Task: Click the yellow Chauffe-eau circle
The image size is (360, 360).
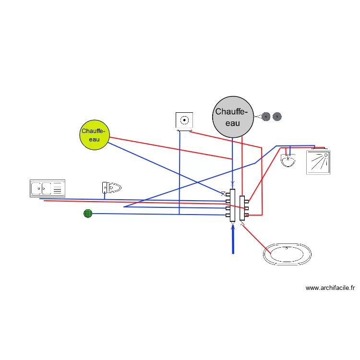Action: pos(95,135)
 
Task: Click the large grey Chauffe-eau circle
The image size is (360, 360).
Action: pos(233,117)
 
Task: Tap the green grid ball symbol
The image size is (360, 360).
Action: pos(87,213)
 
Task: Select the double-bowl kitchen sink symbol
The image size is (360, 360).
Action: pos(47,188)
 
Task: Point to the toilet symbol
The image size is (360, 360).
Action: pos(111,187)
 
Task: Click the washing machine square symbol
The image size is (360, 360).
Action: pos(184,120)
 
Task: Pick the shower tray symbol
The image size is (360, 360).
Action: pos(318,162)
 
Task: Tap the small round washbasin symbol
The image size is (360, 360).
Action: pos(288,161)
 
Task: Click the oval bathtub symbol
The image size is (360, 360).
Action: pos(287,253)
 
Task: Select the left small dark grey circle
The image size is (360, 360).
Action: pos(266,116)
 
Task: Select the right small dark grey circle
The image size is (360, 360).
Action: pos(277,116)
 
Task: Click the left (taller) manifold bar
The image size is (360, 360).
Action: pos(232,205)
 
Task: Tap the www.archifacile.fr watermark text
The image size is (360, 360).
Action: pos(330,288)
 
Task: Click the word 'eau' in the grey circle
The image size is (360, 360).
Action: pos(233,123)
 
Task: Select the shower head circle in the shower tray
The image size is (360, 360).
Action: pos(326,156)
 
